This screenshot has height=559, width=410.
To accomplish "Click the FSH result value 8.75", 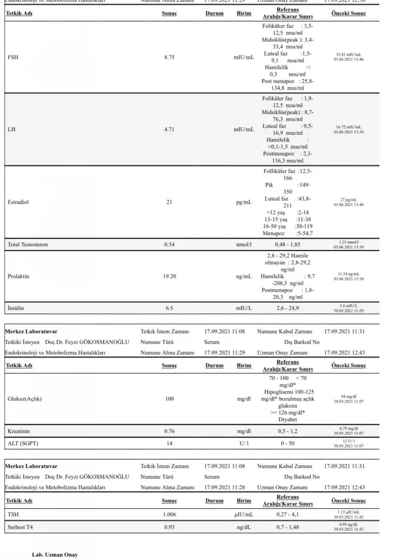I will tap(169, 57).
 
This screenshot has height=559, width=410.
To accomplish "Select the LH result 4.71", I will tap(169, 129).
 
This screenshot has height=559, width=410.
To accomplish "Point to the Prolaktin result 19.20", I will tap(169, 277).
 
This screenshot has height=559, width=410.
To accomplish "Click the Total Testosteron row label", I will tap(27, 245).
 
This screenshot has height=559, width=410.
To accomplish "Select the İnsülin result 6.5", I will tap(169, 308).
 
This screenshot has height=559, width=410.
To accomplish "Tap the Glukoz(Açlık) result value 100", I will tap(169, 399).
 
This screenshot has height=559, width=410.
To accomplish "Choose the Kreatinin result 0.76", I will tap(169, 431).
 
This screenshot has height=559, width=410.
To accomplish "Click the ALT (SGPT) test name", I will tap(23, 443).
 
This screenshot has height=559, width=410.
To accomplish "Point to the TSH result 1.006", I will tap(169, 514).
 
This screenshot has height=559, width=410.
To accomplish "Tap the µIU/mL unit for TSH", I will tap(243, 514).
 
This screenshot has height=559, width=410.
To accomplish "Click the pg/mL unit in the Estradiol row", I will tap(243, 202).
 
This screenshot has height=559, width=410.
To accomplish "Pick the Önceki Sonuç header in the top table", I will tap(348, 13).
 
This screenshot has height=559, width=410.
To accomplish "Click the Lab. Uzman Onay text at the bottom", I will tap(55, 555).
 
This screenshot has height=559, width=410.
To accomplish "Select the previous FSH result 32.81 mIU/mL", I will tap(348, 55).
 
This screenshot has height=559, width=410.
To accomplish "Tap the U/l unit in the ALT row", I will tap(243, 443).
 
